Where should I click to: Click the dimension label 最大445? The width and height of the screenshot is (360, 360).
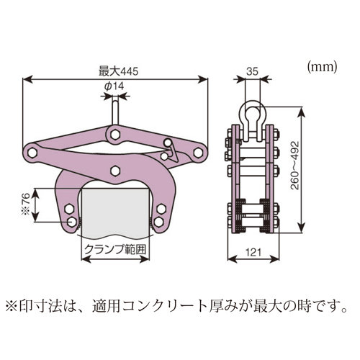coord(119,71)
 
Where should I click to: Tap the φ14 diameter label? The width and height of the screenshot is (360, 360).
coord(114,86)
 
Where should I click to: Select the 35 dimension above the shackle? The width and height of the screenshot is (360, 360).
coord(252,71)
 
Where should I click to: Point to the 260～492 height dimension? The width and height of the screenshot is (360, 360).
coord(295,166)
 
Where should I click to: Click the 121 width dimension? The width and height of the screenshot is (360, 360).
coord(253,252)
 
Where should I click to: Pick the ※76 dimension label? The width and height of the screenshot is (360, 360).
coord(27,204)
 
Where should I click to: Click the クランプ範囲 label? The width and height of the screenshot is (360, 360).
coord(115,250)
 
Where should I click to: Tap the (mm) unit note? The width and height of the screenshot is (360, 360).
coord(323,67)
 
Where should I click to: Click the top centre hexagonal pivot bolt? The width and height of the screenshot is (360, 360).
coord(115,134)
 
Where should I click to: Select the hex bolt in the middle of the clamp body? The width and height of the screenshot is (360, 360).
coord(115,171)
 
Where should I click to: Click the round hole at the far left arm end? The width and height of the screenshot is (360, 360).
coord(32,153)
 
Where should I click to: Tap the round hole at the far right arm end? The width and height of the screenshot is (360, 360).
coord(198,153)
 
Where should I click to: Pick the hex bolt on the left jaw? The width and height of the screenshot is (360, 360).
coord(69,209)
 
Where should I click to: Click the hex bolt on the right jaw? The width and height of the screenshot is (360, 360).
coord(161,209)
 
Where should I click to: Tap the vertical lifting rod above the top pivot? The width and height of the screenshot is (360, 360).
coord(115,112)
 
